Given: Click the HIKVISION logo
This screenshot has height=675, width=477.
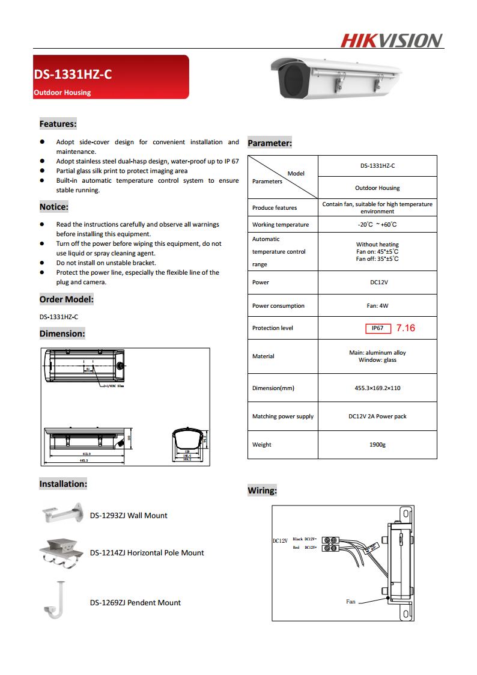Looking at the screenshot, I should point(392,40).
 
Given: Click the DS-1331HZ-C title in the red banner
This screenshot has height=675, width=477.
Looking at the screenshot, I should point(73,75).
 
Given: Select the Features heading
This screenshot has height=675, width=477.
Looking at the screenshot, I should point(58,124).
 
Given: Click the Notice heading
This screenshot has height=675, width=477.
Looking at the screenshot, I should point(53,207).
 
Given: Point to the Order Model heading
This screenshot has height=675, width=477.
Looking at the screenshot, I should point(66,299).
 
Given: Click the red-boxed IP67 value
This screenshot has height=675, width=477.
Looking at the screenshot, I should point(378,328).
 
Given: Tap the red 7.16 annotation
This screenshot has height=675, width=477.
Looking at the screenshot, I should point(406,328).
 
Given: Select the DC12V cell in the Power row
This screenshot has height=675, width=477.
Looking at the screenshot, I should point(377,282).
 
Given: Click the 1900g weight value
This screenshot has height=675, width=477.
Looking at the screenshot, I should point(377,445).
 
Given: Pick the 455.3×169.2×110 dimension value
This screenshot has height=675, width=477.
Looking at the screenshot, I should point(377,388).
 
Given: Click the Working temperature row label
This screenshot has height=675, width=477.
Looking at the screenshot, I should point(281,225).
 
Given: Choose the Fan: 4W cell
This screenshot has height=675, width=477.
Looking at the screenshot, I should point(377,306).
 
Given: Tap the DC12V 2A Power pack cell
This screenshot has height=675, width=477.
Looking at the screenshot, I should point(377,417).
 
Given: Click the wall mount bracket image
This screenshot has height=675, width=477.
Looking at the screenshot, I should point(62,513).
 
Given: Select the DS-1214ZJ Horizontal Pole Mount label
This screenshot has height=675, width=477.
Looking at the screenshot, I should point(147,553).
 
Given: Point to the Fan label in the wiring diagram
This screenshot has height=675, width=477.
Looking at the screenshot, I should point(351,602).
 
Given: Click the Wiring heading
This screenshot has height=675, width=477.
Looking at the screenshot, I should point(262,491).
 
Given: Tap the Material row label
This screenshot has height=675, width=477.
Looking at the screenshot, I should point(263,356).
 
